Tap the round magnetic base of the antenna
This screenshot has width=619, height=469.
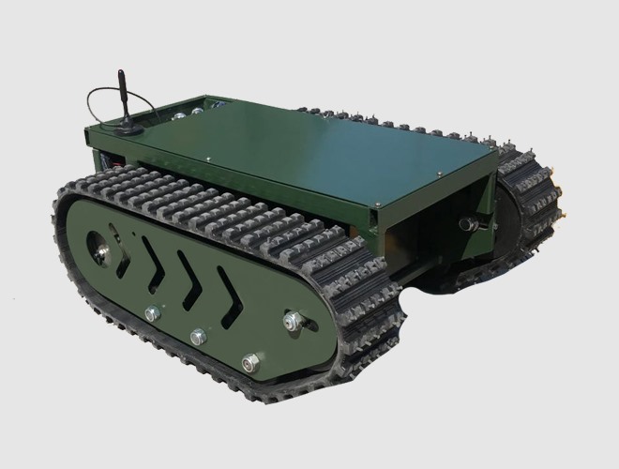pos(127,127)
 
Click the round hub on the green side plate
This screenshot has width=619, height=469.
pos(99,247)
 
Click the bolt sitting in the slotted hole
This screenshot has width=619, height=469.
pos(293,321)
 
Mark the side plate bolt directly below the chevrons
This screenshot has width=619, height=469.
pos(198,336)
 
